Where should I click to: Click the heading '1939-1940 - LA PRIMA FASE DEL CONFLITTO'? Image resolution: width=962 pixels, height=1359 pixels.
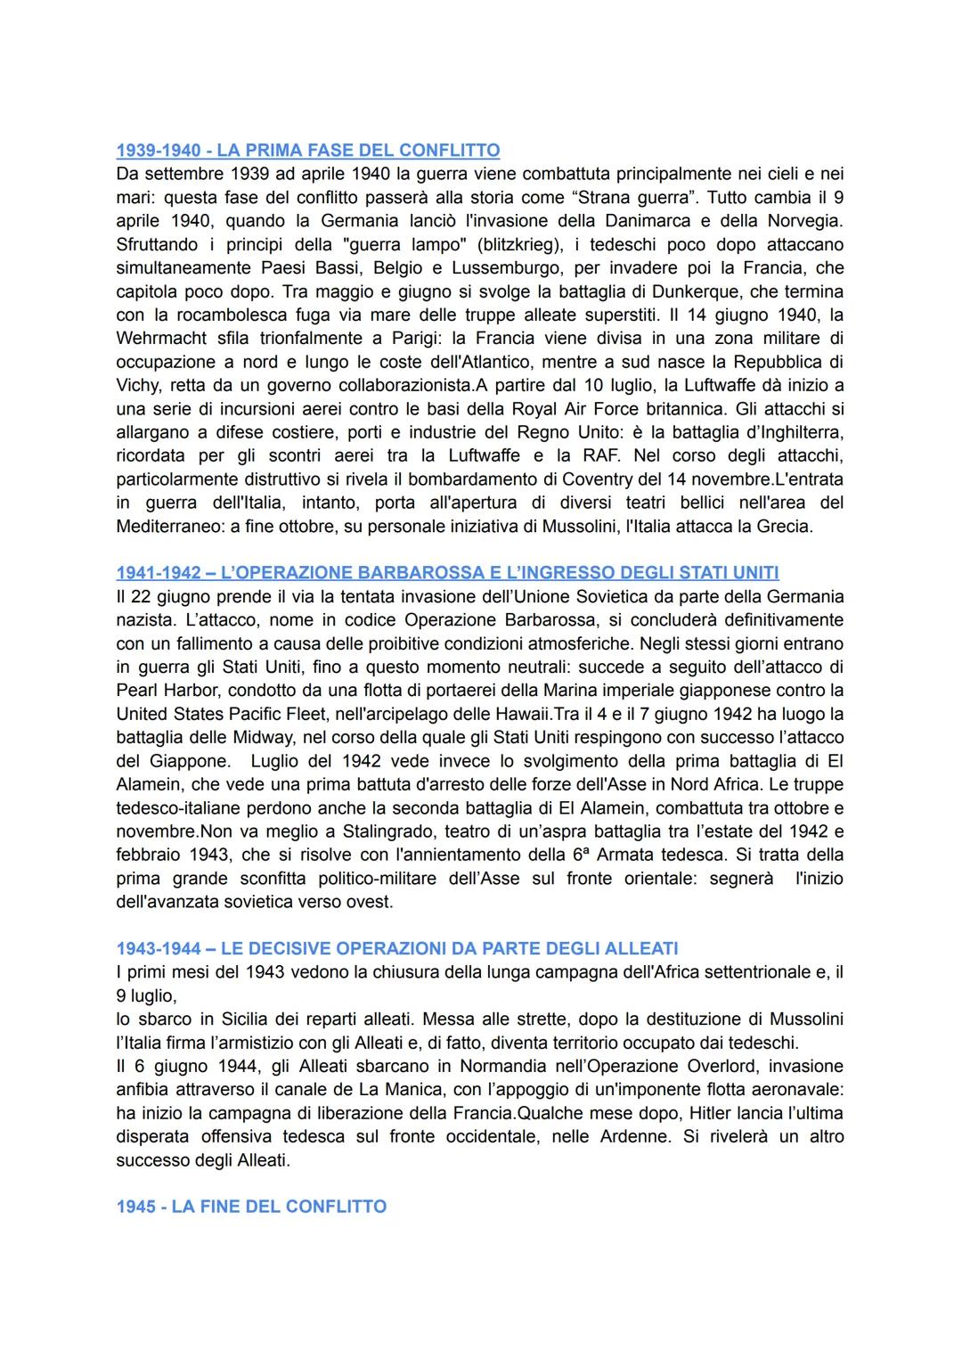coord(307,150)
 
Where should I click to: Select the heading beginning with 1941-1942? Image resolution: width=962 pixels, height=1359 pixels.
coord(447,572)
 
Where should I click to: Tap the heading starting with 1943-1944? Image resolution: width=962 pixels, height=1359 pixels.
coord(396,948)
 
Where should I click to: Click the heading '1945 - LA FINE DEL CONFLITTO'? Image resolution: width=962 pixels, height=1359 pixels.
coord(251,1207)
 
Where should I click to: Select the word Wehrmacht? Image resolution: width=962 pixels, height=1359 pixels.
coord(161,339)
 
